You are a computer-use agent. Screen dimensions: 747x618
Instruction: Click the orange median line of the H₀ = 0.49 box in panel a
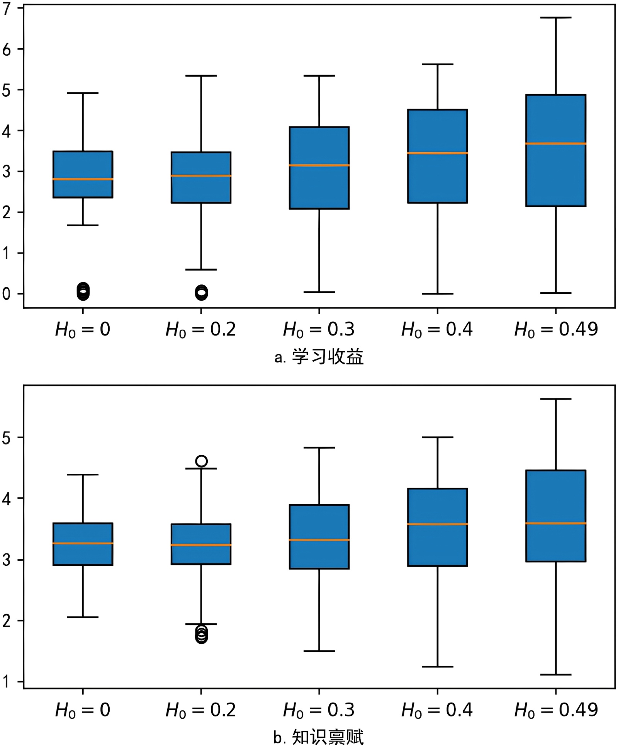click(x=555, y=143)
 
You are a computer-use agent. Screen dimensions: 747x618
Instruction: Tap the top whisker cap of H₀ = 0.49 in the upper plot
click(x=555, y=18)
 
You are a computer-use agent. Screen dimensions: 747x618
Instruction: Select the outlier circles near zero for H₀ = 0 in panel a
click(x=83, y=291)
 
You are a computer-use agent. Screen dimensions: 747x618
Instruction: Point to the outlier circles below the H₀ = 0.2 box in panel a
click(x=201, y=293)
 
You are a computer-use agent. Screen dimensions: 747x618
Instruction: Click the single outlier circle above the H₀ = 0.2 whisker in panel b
click(x=201, y=461)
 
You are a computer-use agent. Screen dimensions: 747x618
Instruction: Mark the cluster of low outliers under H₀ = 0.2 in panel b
click(x=201, y=635)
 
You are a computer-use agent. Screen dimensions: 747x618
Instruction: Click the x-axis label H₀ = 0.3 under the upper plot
click(x=319, y=330)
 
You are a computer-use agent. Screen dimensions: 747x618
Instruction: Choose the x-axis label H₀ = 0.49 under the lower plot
click(x=555, y=710)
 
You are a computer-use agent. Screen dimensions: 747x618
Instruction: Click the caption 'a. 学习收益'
click(x=319, y=357)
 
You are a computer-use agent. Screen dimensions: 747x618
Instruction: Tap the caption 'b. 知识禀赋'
click(x=319, y=737)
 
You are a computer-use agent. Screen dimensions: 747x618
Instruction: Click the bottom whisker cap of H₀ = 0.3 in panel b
click(x=319, y=651)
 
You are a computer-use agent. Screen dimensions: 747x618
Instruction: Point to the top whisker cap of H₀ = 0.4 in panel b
click(x=437, y=437)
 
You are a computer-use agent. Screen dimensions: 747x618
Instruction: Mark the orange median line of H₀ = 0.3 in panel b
click(x=319, y=540)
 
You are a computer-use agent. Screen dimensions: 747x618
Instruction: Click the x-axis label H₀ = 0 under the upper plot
click(x=83, y=330)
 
